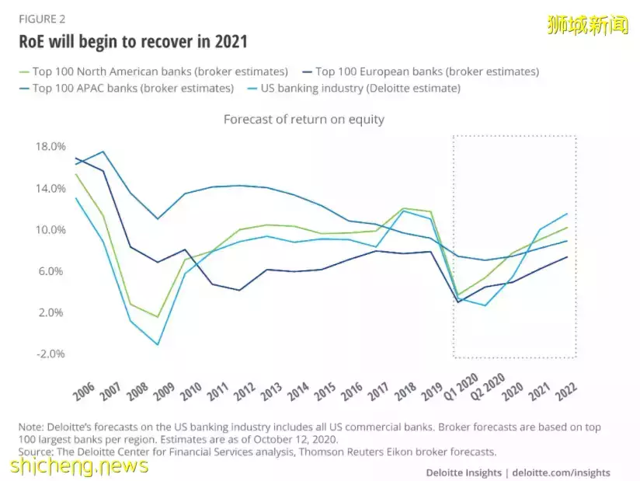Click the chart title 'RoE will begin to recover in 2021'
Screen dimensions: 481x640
pyautogui.click(x=133, y=41)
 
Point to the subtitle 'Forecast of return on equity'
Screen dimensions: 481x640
pyautogui.click(x=304, y=120)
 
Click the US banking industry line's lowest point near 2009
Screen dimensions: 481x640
pyautogui.click(x=158, y=344)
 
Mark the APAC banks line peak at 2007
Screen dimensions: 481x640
pyautogui.click(x=103, y=152)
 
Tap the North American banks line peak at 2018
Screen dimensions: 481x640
pyautogui.click(x=404, y=208)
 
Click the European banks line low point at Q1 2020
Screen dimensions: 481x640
pyautogui.click(x=458, y=301)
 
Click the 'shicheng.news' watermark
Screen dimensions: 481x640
pyautogui.click(x=80, y=465)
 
